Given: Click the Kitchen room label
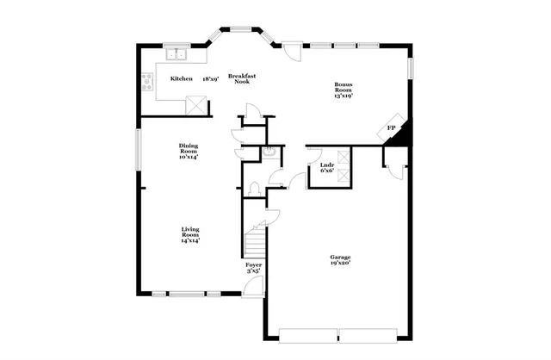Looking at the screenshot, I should point(181,78).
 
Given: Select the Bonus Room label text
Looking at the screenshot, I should point(344,87).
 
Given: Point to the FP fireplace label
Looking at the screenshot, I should point(391,128).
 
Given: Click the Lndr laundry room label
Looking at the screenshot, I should point(327,164).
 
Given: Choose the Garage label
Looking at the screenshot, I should point(339,257).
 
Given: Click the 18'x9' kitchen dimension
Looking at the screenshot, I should point(211,78).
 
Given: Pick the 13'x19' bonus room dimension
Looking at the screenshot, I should point(344,96).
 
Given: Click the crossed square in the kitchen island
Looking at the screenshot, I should point(197,105).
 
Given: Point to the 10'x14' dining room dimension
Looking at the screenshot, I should point(188,158).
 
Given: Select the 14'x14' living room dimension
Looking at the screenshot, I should point(190,241).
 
